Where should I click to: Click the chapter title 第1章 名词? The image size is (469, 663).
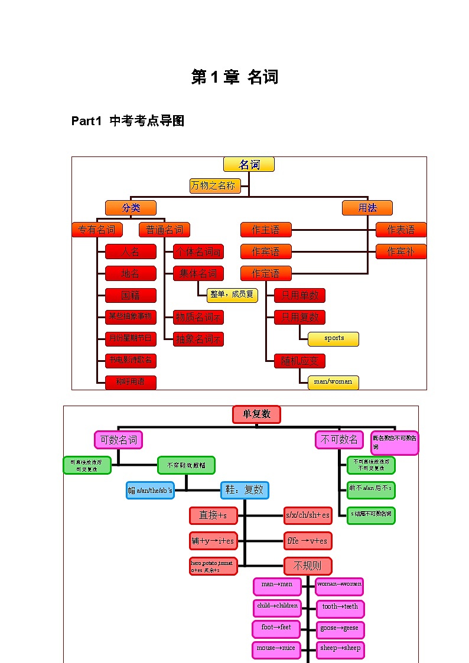234,77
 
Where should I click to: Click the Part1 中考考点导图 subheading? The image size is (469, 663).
128,121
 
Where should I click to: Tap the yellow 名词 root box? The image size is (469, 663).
249,165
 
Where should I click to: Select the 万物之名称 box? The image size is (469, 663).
215,186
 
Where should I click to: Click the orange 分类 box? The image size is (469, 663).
131,208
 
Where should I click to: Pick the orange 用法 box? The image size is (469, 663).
367,208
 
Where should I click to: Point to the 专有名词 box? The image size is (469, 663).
97,230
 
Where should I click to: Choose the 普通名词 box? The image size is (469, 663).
164,230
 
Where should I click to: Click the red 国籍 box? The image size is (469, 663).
131,295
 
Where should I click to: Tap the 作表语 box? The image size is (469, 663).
400,230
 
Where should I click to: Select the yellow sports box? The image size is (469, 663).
333,339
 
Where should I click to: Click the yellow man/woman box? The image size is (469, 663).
333,382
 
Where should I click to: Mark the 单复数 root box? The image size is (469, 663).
256,414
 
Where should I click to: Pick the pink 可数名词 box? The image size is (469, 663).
118,440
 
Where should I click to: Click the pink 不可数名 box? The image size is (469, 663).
339,440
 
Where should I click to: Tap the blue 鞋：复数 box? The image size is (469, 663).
245,490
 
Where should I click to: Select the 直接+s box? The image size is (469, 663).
213,515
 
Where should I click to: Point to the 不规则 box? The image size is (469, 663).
308,566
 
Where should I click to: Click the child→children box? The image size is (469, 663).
277,606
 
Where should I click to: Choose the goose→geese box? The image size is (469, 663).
340,629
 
